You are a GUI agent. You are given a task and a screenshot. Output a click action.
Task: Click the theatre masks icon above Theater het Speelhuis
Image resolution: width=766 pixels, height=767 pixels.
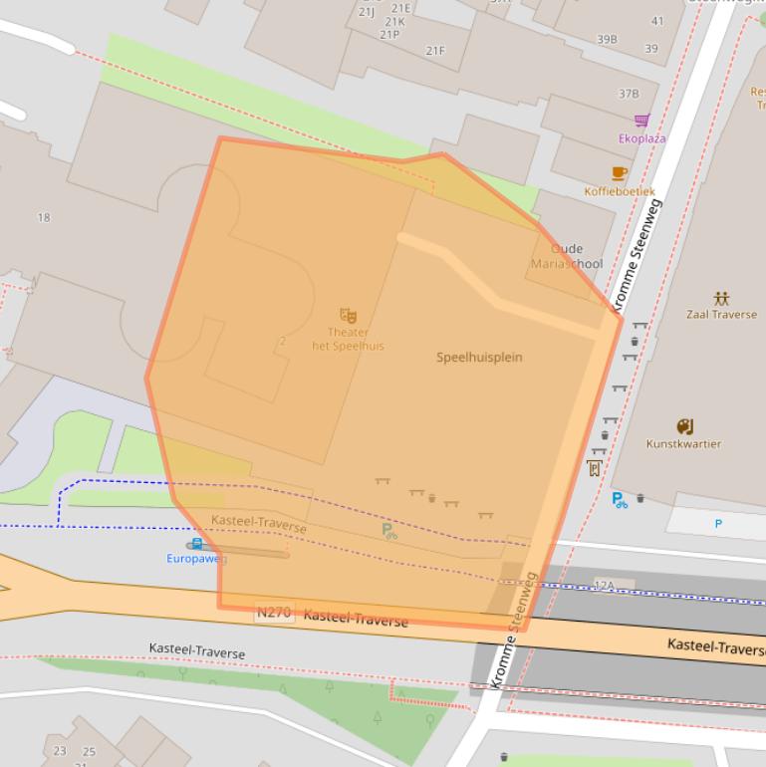pos(348,315)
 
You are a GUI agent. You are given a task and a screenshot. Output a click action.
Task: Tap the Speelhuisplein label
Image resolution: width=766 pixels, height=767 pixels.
pos(479,357)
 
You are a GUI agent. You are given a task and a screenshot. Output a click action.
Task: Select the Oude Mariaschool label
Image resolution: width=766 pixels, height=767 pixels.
pos(567,257)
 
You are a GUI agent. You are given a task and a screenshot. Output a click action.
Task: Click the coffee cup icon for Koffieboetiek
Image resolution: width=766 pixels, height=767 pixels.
pos(620,173)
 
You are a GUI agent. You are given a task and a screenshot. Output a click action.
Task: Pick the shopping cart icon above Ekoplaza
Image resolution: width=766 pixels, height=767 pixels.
pos(641,122)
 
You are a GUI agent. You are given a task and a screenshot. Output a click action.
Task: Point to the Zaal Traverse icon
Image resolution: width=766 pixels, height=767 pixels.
pos(721,298)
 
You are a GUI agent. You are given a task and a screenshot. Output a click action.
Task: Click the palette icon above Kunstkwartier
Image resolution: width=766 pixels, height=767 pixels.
pos(684,426)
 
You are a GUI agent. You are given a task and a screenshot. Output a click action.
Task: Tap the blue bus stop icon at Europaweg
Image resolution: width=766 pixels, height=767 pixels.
pos(197,544)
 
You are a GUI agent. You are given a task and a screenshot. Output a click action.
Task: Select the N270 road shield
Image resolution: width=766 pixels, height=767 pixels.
pos(274,613)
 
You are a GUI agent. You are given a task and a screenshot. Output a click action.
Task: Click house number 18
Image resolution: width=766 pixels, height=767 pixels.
pos(43,217)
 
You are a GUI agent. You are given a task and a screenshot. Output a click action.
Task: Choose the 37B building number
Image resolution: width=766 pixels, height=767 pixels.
pos(629,94)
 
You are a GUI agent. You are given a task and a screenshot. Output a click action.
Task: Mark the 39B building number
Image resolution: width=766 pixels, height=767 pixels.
pos(607,40)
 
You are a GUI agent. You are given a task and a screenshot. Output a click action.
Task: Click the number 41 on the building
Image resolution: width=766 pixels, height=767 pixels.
pos(657,21)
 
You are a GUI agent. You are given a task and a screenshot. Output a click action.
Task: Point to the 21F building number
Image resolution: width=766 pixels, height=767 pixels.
pos(435,50)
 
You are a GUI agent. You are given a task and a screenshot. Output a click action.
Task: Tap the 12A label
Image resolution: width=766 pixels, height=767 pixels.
pos(604,584)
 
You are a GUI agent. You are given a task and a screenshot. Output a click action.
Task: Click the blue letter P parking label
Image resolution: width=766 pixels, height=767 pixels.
pos(718,523)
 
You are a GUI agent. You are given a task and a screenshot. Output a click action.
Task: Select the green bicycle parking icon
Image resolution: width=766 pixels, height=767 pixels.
pos(389,531)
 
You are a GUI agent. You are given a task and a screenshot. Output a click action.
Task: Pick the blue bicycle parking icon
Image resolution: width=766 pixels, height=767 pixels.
pos(620,499)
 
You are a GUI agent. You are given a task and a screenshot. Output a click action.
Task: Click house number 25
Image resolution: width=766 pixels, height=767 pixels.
pos(89,751)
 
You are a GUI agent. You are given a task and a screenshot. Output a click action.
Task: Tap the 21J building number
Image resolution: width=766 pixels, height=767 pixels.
pos(367,12)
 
